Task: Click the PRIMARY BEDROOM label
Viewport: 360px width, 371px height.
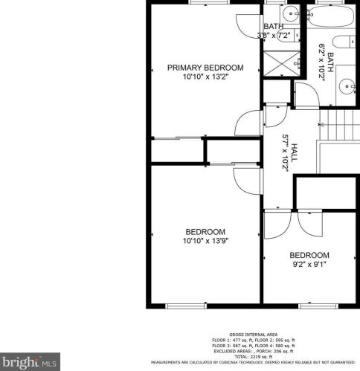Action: tap(205, 68)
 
